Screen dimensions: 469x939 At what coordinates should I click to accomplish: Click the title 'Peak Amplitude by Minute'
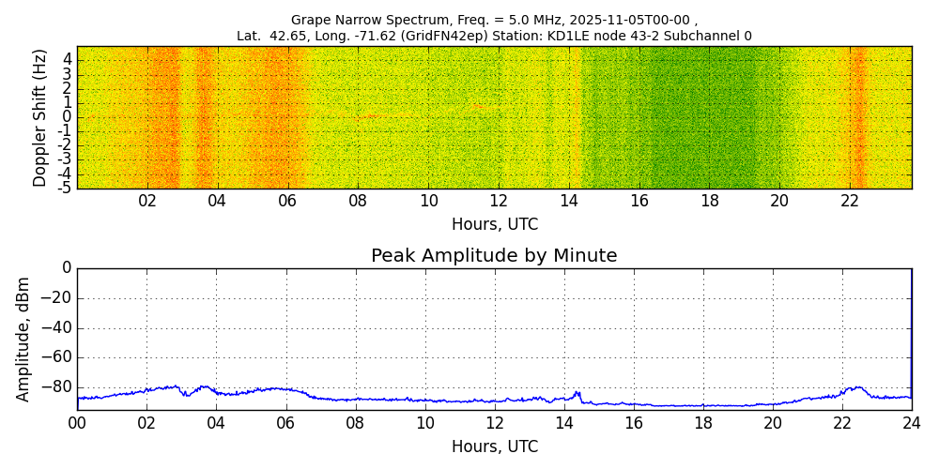[x=494, y=256]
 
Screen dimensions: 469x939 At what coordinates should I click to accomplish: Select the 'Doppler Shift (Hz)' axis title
[x=40, y=118]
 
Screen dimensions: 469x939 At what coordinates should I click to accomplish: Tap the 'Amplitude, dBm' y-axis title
[x=24, y=339]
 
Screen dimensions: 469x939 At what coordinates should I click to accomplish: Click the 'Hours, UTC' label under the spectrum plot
[x=495, y=224]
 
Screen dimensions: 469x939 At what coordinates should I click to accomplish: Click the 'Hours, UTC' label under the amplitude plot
[x=495, y=446]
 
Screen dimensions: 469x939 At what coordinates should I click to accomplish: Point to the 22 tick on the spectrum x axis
[x=850, y=201]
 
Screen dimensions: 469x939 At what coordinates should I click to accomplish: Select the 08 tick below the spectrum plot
[x=358, y=201]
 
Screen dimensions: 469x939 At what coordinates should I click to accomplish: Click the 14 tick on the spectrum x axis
[x=569, y=201]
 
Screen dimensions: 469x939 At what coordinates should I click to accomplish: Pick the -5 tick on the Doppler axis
[x=66, y=188]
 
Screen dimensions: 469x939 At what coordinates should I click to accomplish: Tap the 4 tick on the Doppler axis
[x=68, y=59]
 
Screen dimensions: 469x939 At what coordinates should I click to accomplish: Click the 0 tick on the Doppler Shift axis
[x=68, y=117]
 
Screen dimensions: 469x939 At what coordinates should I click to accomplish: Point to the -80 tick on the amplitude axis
[x=54, y=386]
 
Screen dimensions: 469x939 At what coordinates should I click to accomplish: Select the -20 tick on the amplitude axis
[x=54, y=298]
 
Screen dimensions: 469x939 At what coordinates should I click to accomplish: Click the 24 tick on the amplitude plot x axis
[x=912, y=422]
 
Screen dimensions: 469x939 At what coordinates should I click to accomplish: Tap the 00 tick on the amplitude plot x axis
[x=77, y=422]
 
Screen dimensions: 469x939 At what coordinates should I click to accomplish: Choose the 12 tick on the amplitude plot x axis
[x=495, y=422]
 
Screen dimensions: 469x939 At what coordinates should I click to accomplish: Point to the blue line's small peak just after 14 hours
[x=578, y=392]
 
